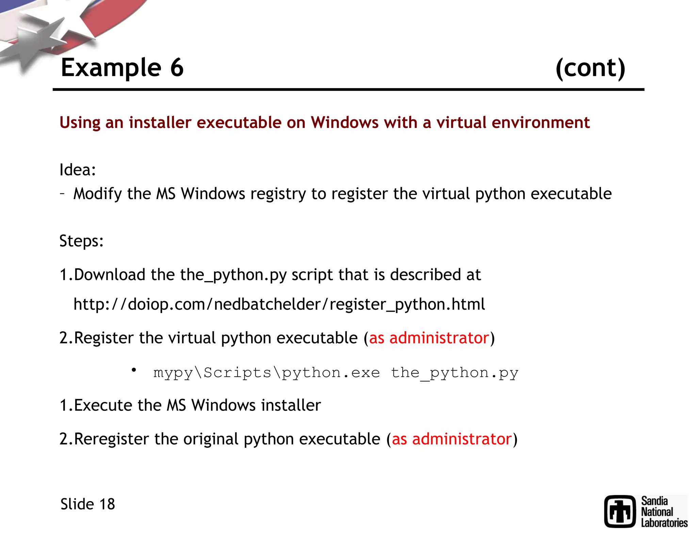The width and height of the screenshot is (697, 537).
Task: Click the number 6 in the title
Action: coord(177,68)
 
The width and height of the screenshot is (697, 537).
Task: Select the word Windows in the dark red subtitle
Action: coord(344,123)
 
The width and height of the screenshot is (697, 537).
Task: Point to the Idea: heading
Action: coord(78,169)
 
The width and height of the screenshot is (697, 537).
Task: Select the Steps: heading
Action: coord(81,241)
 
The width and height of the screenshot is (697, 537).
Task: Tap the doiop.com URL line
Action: coord(279,304)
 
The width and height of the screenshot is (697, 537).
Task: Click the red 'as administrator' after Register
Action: coord(429,338)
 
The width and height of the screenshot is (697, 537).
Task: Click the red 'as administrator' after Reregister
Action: coord(452,439)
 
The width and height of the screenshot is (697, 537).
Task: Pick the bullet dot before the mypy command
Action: coord(134,370)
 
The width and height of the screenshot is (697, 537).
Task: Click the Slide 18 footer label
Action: coord(87,504)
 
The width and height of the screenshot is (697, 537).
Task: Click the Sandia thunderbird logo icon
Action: coord(620,511)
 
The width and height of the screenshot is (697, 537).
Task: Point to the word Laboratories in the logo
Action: coord(664,523)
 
